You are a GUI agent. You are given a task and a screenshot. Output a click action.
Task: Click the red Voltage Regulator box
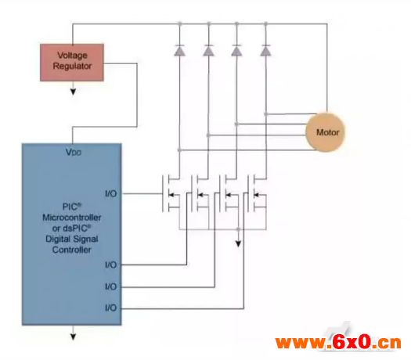[72, 63]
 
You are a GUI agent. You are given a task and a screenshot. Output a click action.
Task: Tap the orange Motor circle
[325, 132]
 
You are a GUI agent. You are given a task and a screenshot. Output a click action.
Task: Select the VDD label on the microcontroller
[74, 152]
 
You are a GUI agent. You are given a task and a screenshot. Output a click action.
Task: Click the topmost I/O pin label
[111, 193]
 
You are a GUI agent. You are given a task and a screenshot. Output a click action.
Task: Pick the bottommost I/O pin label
[111, 308]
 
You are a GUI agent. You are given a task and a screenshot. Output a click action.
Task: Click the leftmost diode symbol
[179, 50]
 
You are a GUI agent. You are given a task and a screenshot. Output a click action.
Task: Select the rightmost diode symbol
[265, 50]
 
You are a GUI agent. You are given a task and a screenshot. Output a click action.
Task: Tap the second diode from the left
[208, 50]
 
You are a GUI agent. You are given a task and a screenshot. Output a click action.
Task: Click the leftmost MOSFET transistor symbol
[171, 193]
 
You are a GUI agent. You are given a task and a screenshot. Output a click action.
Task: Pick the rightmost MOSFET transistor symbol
[257, 193]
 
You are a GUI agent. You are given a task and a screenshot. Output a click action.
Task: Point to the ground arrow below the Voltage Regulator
[73, 92]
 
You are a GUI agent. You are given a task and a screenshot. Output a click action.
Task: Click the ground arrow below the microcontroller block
[73, 337]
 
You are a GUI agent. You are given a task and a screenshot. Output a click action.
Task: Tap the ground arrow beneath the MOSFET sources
[238, 244]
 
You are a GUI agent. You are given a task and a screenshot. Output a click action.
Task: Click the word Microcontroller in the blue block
[72, 218]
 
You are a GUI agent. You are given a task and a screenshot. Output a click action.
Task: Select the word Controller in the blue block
[72, 250]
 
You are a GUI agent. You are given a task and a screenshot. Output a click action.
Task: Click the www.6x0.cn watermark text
[338, 342]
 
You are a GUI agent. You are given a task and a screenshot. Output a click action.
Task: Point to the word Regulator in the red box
[72, 66]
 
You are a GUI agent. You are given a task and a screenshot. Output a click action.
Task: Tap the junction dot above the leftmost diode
[179, 23]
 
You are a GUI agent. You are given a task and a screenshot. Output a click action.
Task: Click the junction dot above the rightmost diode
[265, 23]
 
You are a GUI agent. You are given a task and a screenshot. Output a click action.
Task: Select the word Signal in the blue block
[85, 239]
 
